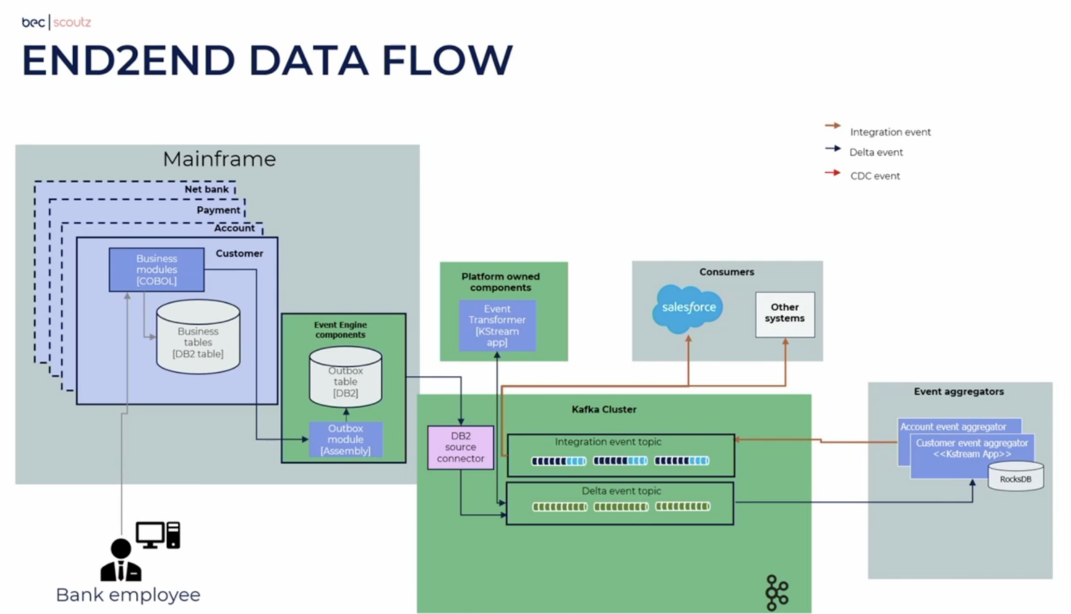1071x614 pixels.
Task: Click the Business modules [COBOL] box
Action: tap(157, 270)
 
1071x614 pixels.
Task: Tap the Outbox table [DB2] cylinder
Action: tap(346, 378)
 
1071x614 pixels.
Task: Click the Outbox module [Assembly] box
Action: tap(346, 439)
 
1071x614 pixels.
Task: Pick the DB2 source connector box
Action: tap(460, 448)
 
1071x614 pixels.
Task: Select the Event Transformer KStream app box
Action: tap(497, 326)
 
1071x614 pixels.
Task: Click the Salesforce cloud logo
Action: tap(688, 308)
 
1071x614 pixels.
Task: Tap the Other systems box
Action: tap(785, 313)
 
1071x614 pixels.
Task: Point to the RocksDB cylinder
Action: tap(1016, 478)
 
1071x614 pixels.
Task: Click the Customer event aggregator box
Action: tap(971, 450)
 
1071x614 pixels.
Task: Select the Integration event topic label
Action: tap(608, 442)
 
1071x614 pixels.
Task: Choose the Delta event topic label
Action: tap(621, 491)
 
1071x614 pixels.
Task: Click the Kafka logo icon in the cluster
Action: tap(776, 592)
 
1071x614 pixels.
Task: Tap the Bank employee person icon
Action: tap(121, 560)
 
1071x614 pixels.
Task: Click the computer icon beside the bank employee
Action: tap(158, 534)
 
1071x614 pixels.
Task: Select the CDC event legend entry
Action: tap(874, 175)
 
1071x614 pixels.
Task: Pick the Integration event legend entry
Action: tap(889, 132)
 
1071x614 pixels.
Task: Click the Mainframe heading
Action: tap(219, 159)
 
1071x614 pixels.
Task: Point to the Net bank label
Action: tap(206, 189)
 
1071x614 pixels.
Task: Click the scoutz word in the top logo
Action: tap(72, 22)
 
